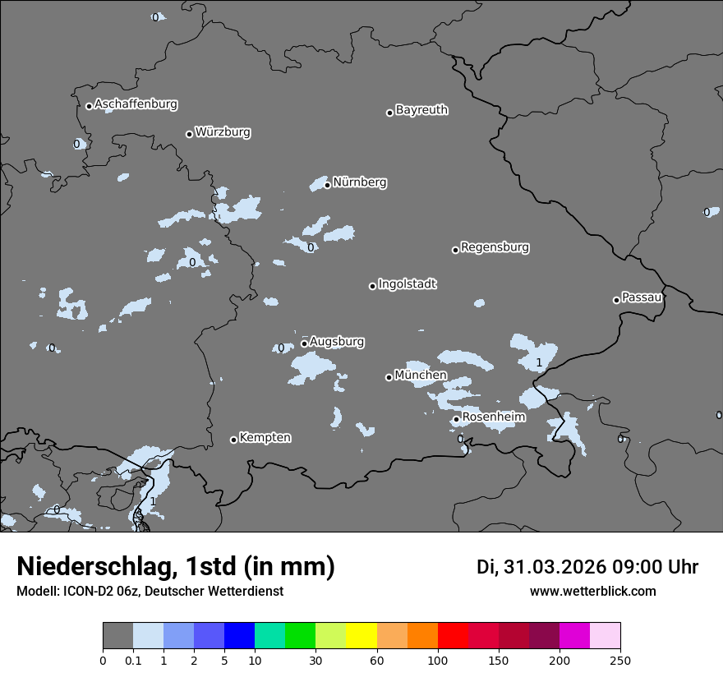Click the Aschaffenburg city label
(x=136, y=104)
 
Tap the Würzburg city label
(x=223, y=132)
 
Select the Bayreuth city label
(x=421, y=110)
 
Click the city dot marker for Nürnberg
(x=327, y=185)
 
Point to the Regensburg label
(x=495, y=247)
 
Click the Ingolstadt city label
(x=407, y=284)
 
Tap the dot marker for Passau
(x=616, y=300)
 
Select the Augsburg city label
(x=337, y=342)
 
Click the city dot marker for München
(x=389, y=377)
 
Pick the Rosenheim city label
(x=494, y=417)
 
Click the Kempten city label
(x=265, y=438)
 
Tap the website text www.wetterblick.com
(x=592, y=592)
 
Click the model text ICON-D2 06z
(x=99, y=592)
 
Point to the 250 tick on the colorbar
(x=620, y=660)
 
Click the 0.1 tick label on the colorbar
(x=133, y=660)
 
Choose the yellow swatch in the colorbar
(x=361, y=636)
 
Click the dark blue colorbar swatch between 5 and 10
(x=239, y=636)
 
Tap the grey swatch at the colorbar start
(x=117, y=636)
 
